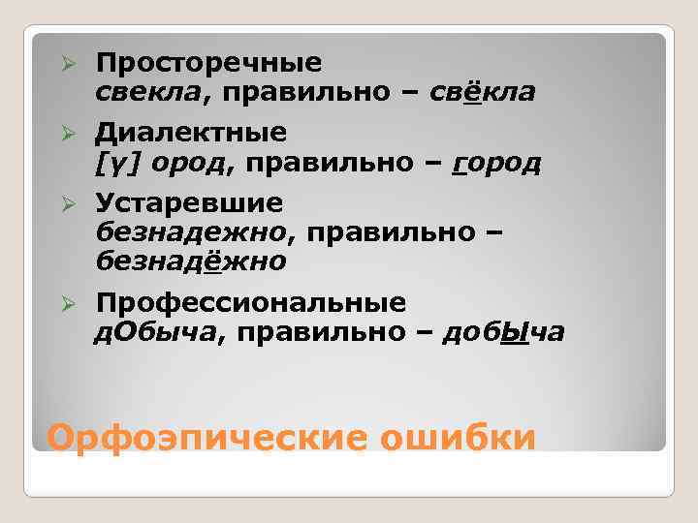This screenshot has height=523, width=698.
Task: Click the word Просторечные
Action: (x=207, y=64)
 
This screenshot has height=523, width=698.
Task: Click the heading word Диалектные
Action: (x=191, y=132)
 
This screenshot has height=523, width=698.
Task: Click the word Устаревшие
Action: (x=189, y=203)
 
